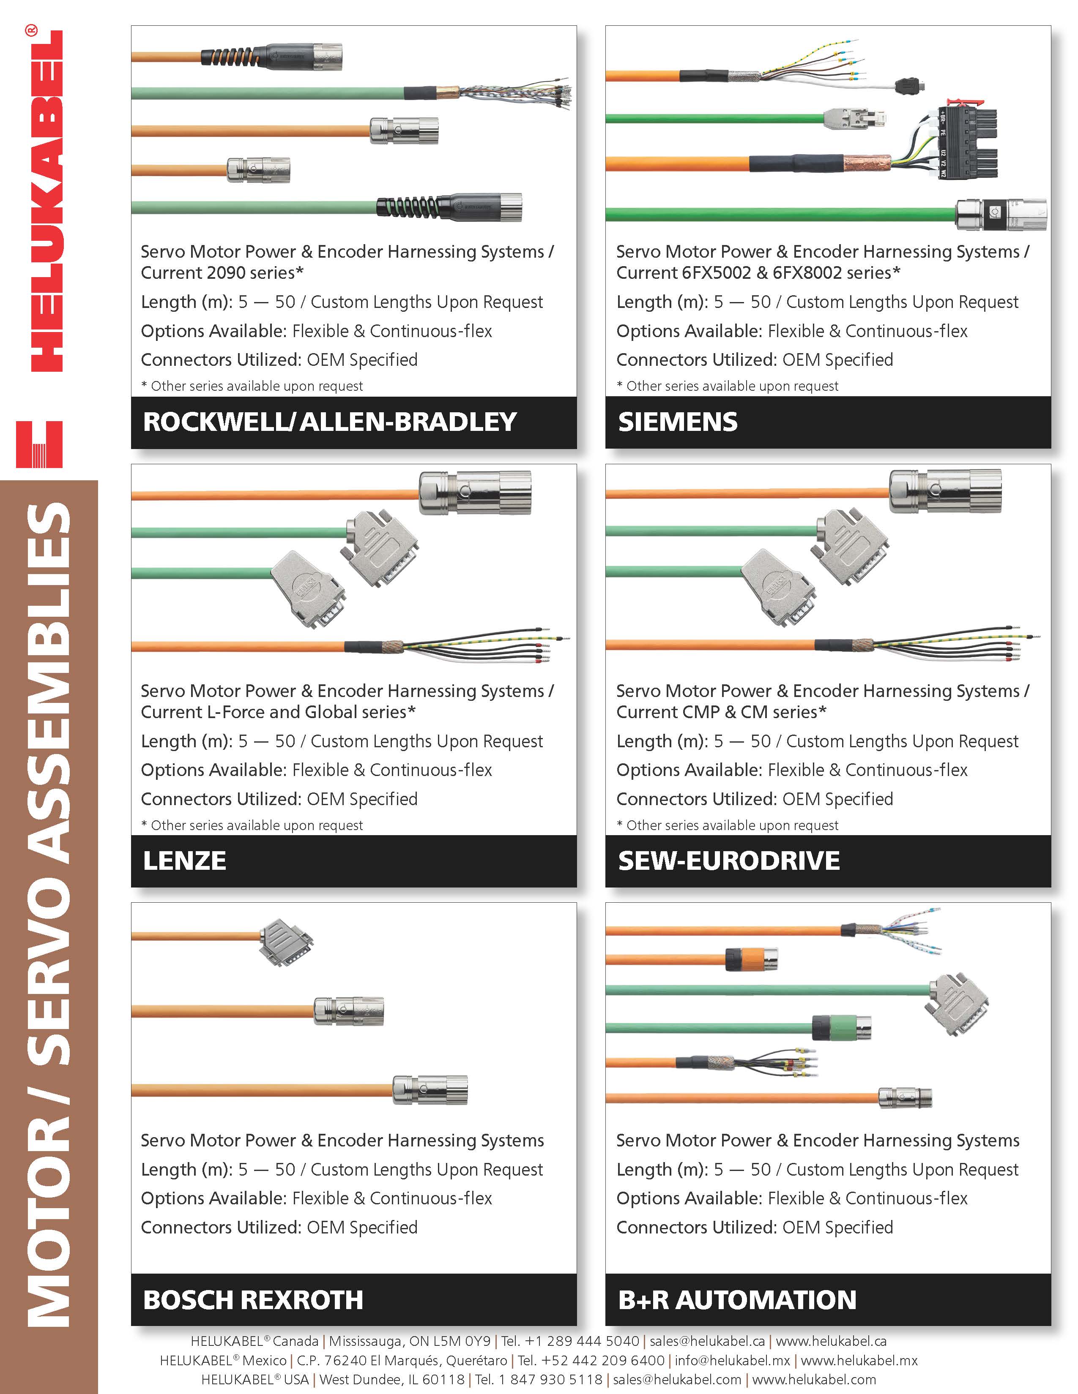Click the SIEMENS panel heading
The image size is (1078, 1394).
(x=678, y=422)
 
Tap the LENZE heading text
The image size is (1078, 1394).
(x=185, y=861)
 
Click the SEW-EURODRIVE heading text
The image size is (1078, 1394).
(x=729, y=861)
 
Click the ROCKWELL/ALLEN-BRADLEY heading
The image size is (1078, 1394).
(x=330, y=422)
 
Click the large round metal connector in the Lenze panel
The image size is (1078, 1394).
(x=474, y=493)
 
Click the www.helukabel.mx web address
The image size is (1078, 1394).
(x=859, y=1360)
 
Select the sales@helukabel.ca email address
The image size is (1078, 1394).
(x=707, y=1341)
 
